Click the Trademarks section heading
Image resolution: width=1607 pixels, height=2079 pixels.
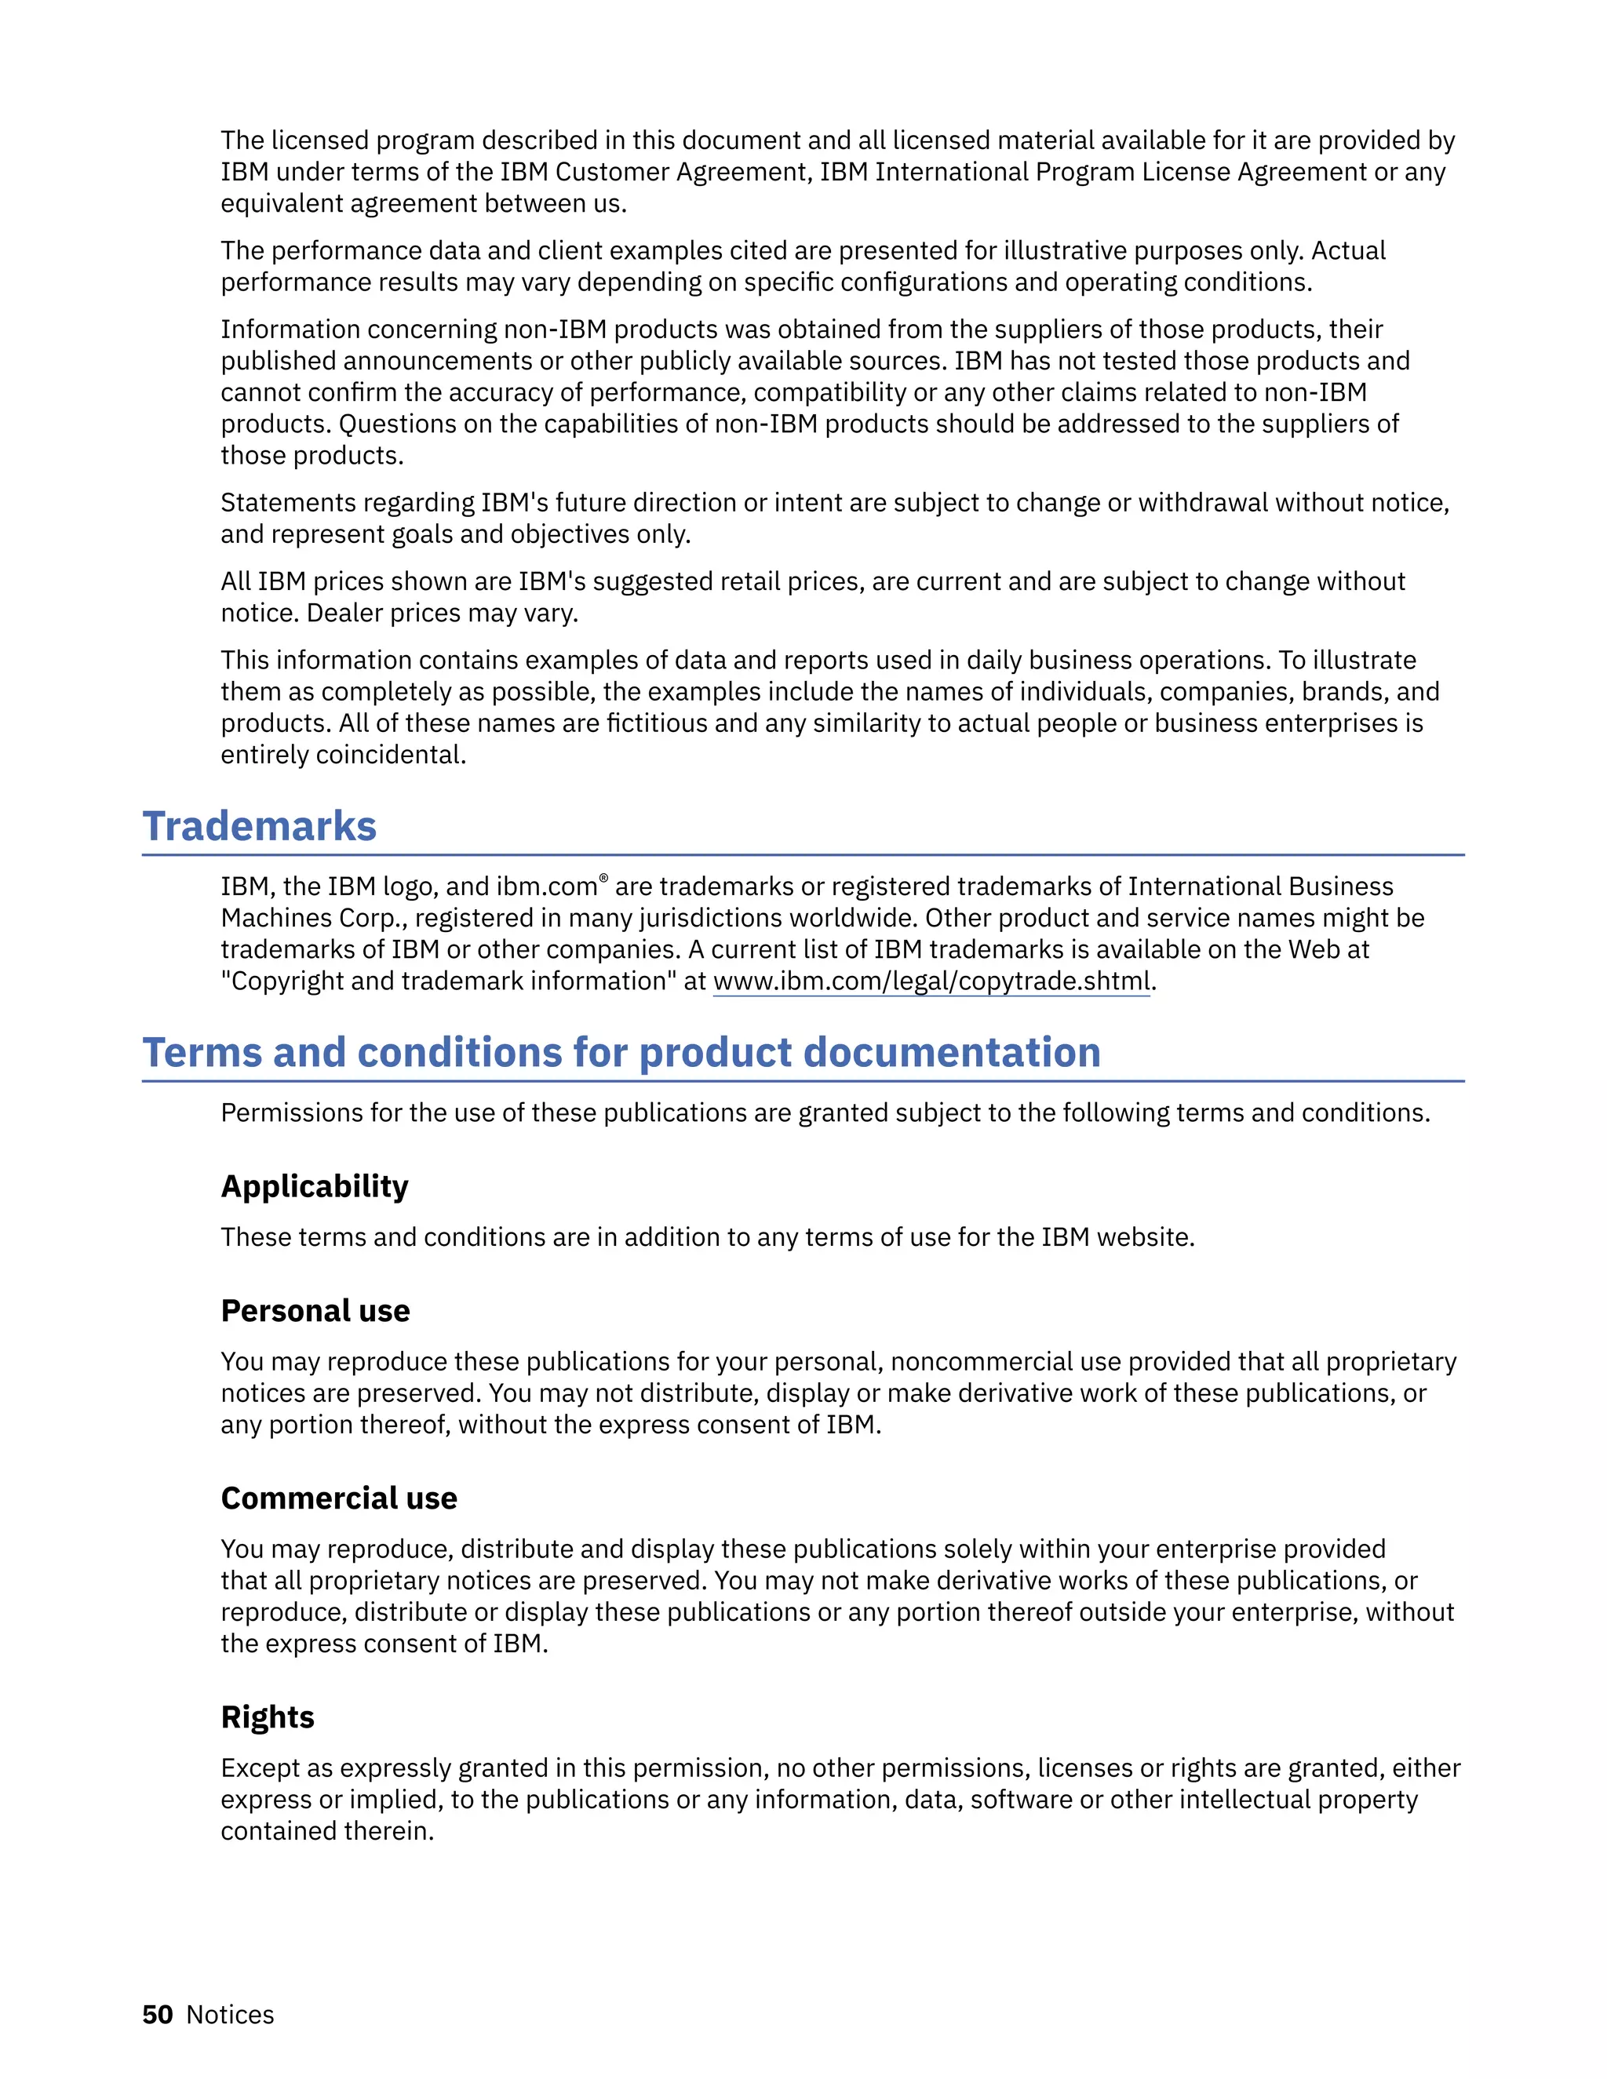(x=259, y=826)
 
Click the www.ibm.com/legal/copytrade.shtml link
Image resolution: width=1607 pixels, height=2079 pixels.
(x=932, y=981)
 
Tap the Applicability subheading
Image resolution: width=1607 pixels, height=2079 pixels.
(x=314, y=1186)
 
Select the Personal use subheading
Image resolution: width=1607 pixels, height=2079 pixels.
(x=315, y=1311)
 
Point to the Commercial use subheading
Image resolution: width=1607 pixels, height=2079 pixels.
(x=339, y=1498)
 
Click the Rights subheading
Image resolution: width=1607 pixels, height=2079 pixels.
(x=268, y=1717)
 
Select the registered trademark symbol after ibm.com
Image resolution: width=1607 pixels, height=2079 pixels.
(x=603, y=878)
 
